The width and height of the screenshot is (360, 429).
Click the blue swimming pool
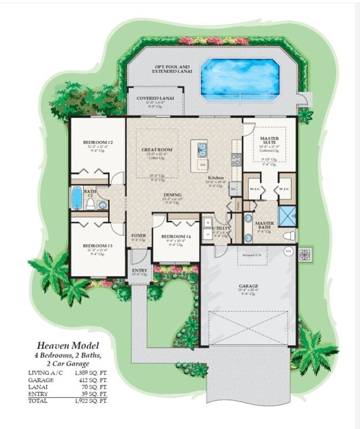click(239, 79)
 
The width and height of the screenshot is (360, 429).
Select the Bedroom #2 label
click(98, 143)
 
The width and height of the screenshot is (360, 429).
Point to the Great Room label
click(157, 149)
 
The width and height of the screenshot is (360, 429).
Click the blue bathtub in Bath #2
click(76, 198)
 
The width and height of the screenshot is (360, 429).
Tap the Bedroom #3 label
click(98, 245)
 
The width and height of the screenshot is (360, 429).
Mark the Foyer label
click(138, 235)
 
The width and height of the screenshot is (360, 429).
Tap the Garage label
click(249, 286)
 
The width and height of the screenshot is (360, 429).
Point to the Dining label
click(172, 195)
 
